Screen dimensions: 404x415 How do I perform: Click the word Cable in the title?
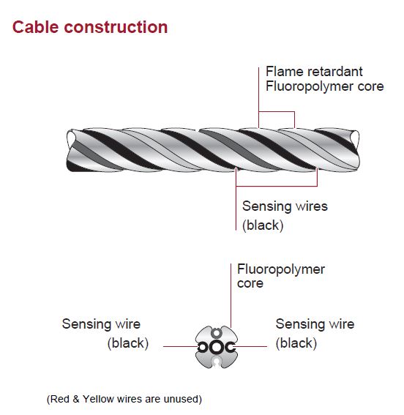[x=35, y=27]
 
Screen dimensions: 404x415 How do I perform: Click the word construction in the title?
[x=116, y=28]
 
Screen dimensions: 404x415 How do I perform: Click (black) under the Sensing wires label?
[x=263, y=225]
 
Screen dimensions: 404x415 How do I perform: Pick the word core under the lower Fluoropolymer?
[x=250, y=283]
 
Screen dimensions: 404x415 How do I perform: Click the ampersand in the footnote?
[x=76, y=399]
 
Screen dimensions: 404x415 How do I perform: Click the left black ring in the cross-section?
[x=202, y=347]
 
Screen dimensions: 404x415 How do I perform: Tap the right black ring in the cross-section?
[x=230, y=347]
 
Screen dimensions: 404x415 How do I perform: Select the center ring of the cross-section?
[x=216, y=347]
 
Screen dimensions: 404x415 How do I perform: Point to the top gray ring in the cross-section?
[x=217, y=333]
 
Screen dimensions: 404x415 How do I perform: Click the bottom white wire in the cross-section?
[x=217, y=362]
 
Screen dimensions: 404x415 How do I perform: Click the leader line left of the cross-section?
[x=180, y=346]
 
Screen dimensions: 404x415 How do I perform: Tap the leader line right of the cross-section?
[x=251, y=346]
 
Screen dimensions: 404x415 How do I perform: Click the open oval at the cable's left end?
[x=71, y=138]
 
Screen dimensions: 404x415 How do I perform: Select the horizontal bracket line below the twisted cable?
[x=277, y=187]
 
